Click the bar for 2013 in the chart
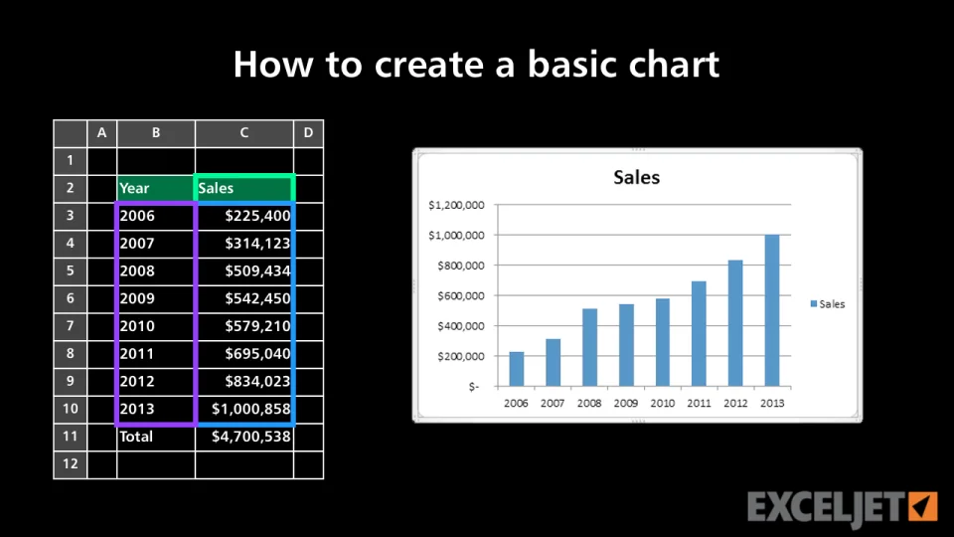[772, 310]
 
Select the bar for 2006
[517, 369]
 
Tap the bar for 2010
[663, 342]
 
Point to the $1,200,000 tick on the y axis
[456, 205]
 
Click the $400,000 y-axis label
[461, 326]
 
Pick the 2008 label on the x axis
[589, 403]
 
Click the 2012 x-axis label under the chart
[735, 403]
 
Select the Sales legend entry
[828, 304]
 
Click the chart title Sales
[636, 177]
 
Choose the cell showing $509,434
[244, 270]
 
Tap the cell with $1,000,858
[244, 409]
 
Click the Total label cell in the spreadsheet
[156, 437]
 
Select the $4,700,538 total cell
[244, 437]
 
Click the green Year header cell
[156, 188]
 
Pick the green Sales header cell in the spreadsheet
[244, 188]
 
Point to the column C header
[244, 133]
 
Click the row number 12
[70, 464]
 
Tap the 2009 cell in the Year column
[156, 298]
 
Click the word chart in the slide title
[674, 64]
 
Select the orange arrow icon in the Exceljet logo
[923, 506]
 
